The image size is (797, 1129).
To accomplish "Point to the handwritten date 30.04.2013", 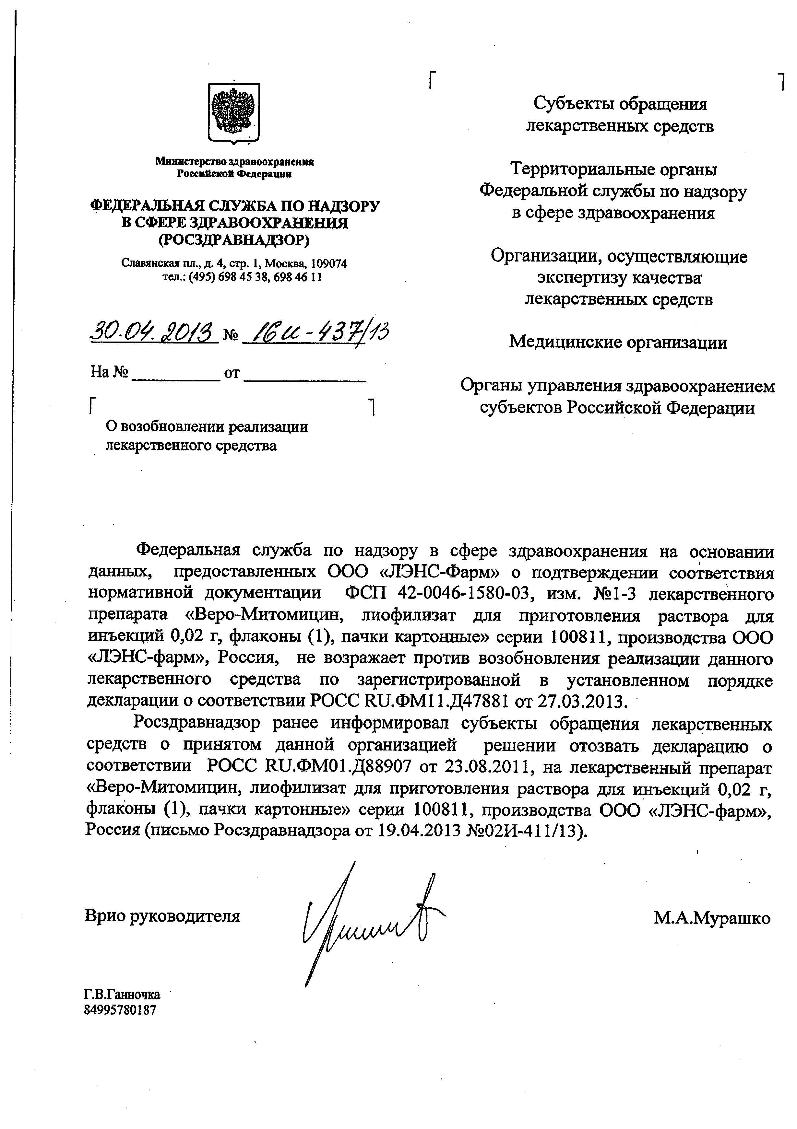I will click(153, 333).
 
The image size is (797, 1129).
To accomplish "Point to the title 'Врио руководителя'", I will click(163, 915).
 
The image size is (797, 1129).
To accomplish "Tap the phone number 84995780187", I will click(121, 1010).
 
